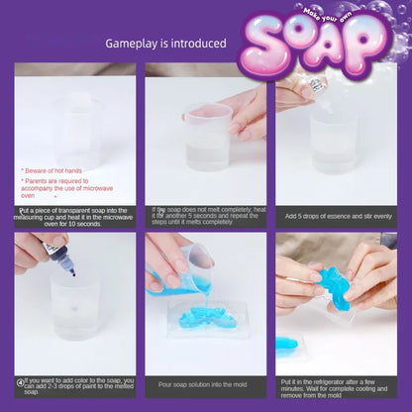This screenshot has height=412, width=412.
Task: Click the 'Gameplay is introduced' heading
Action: pyautogui.click(x=166, y=44)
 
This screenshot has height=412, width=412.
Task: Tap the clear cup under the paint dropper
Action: pyautogui.click(x=75, y=307)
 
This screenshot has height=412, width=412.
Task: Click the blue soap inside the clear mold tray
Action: pyautogui.click(x=210, y=319)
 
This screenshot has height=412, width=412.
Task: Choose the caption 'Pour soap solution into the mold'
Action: pyautogui.click(x=205, y=382)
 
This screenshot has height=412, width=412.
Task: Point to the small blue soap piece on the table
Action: pyautogui.click(x=286, y=344)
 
